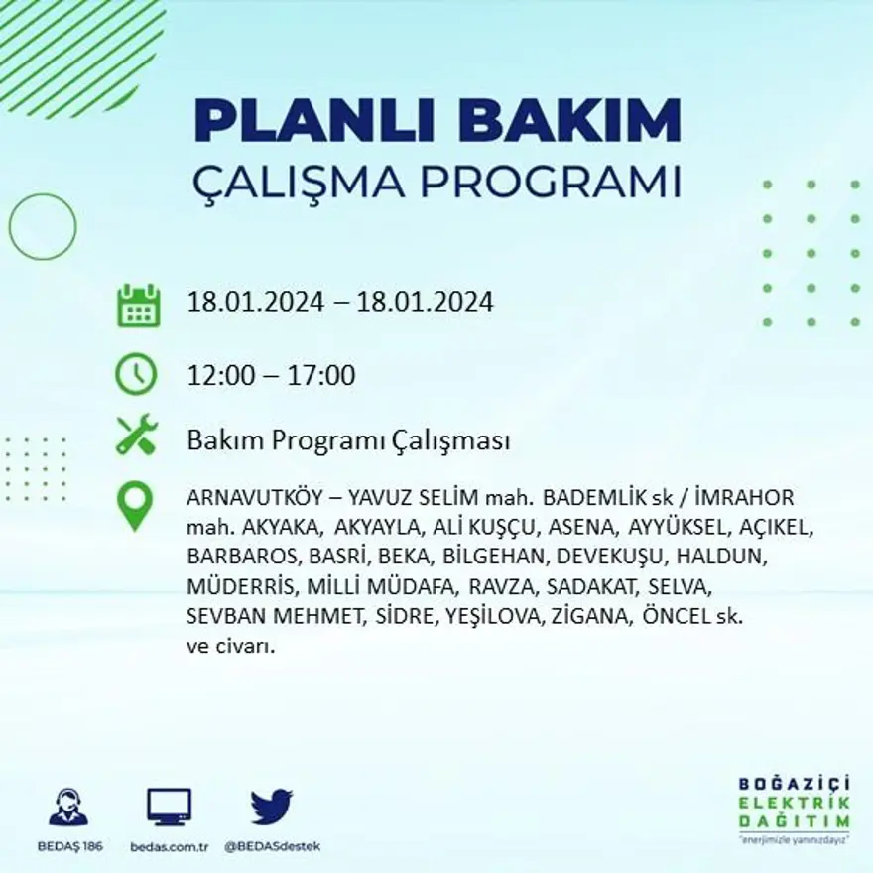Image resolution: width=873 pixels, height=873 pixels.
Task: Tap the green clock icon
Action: [136, 374]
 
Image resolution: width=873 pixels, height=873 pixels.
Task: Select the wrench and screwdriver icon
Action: [136, 435]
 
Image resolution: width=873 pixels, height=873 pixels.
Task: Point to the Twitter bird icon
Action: [271, 807]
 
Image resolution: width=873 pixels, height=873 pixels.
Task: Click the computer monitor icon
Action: [169, 807]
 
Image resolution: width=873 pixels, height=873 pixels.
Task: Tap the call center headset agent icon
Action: [68, 807]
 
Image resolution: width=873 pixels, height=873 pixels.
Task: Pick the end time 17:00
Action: [321, 376]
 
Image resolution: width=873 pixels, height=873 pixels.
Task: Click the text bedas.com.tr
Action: [169, 846]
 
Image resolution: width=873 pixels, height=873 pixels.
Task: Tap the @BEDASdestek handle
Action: [272, 846]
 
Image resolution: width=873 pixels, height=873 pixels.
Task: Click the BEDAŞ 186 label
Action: [68, 846]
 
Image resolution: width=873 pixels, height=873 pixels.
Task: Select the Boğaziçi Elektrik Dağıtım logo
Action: [794, 809]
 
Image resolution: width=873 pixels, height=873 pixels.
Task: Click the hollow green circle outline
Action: [43, 227]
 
